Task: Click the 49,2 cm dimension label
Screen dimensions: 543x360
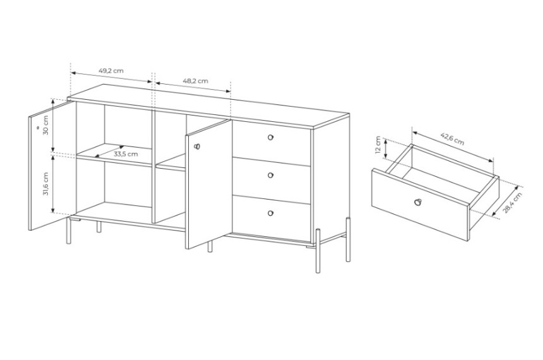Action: pos(111,71)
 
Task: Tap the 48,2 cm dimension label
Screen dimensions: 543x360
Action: pos(195,81)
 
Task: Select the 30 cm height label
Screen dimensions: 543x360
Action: pos(45,124)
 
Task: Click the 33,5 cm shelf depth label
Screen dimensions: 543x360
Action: pos(126,154)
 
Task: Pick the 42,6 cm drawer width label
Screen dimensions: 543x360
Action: pos(452,138)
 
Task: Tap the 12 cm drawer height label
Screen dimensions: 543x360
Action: pos(378,145)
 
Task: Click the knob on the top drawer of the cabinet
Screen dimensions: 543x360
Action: pos(270,138)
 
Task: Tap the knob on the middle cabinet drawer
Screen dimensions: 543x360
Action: pos(270,176)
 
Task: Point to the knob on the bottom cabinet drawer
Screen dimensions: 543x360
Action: pos(270,213)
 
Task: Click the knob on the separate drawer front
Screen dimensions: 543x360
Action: pos(418,201)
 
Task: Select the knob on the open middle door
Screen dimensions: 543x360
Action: pos(197,147)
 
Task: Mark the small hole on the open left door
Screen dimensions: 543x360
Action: pos(37,128)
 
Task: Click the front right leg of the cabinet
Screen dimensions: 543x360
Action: pos(318,251)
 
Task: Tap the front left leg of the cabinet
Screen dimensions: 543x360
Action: pos(69,231)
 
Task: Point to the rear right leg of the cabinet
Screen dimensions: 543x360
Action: pos(348,239)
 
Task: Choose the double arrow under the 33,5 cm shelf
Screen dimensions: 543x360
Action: pos(109,151)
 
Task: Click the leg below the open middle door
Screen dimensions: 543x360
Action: pos(210,247)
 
